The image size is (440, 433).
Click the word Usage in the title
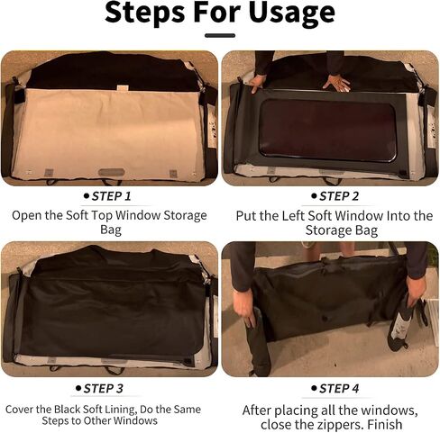coord(292,13)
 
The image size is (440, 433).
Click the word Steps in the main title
coord(144,12)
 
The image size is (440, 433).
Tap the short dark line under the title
coord(220,35)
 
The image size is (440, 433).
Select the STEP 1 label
coord(112,196)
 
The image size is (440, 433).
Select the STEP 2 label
coord(339,196)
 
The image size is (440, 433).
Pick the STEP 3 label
coord(104,389)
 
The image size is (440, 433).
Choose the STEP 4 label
coord(339,389)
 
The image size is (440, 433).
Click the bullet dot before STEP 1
coord(87,196)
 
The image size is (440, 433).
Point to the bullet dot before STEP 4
coord(314,389)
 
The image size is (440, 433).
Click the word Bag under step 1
coord(111,230)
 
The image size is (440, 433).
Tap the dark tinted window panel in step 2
coord(327,130)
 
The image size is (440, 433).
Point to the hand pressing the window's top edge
coord(336,82)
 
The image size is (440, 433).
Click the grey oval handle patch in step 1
coord(112,172)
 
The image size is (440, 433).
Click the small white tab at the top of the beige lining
coord(123,88)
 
